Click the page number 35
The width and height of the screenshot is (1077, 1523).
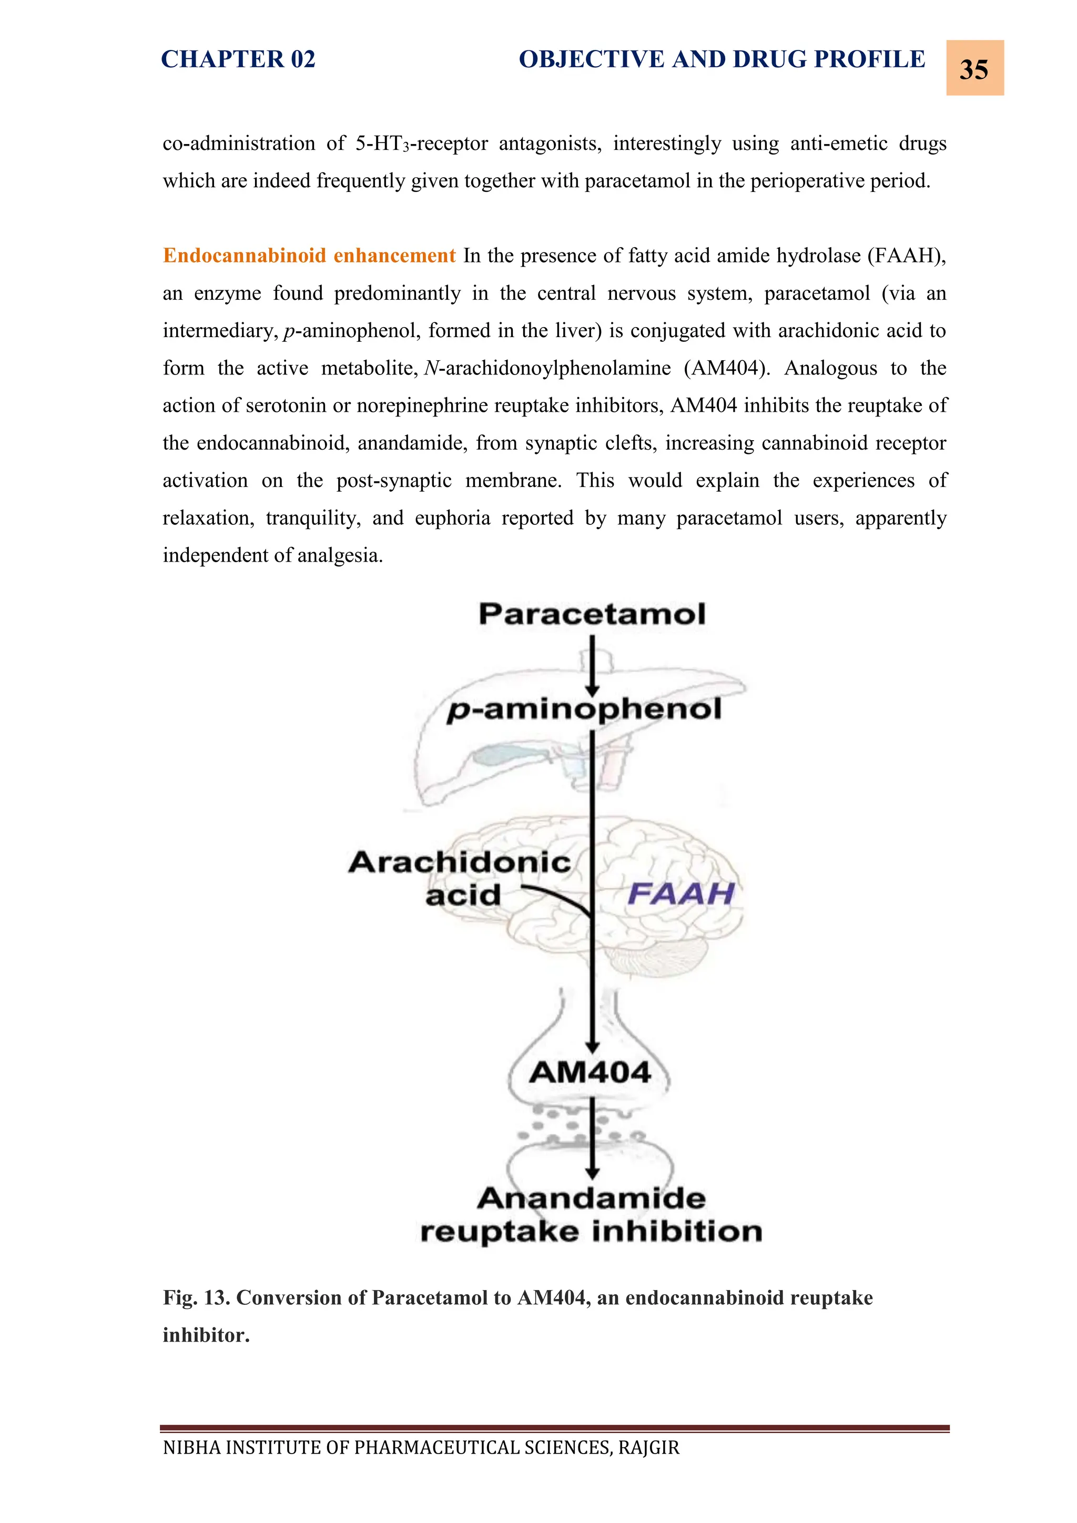pos(973,69)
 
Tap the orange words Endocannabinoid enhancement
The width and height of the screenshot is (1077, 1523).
pos(309,256)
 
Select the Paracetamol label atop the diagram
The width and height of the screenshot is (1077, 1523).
pos(592,614)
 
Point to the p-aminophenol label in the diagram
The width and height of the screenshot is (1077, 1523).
pos(584,710)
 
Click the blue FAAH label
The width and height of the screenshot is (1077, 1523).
pos(680,894)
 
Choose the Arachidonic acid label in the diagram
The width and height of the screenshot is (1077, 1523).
pos(460,878)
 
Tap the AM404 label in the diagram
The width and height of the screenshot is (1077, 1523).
pos(590,1073)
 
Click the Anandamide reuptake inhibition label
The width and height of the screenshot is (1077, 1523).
pos(591,1215)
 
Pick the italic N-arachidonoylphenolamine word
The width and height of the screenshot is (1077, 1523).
pos(547,368)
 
